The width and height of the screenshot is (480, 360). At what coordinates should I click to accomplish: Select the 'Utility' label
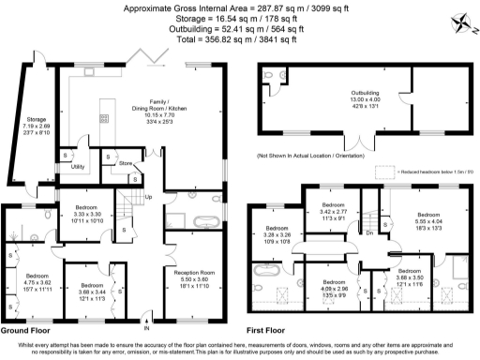pyautogui.click(x=78, y=166)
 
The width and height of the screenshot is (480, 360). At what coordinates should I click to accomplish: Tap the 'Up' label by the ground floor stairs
pyautogui.click(x=147, y=197)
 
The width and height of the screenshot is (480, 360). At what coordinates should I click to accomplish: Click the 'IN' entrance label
pyautogui.click(x=145, y=329)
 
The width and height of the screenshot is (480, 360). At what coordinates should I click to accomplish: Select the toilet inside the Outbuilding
pyautogui.click(x=269, y=77)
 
